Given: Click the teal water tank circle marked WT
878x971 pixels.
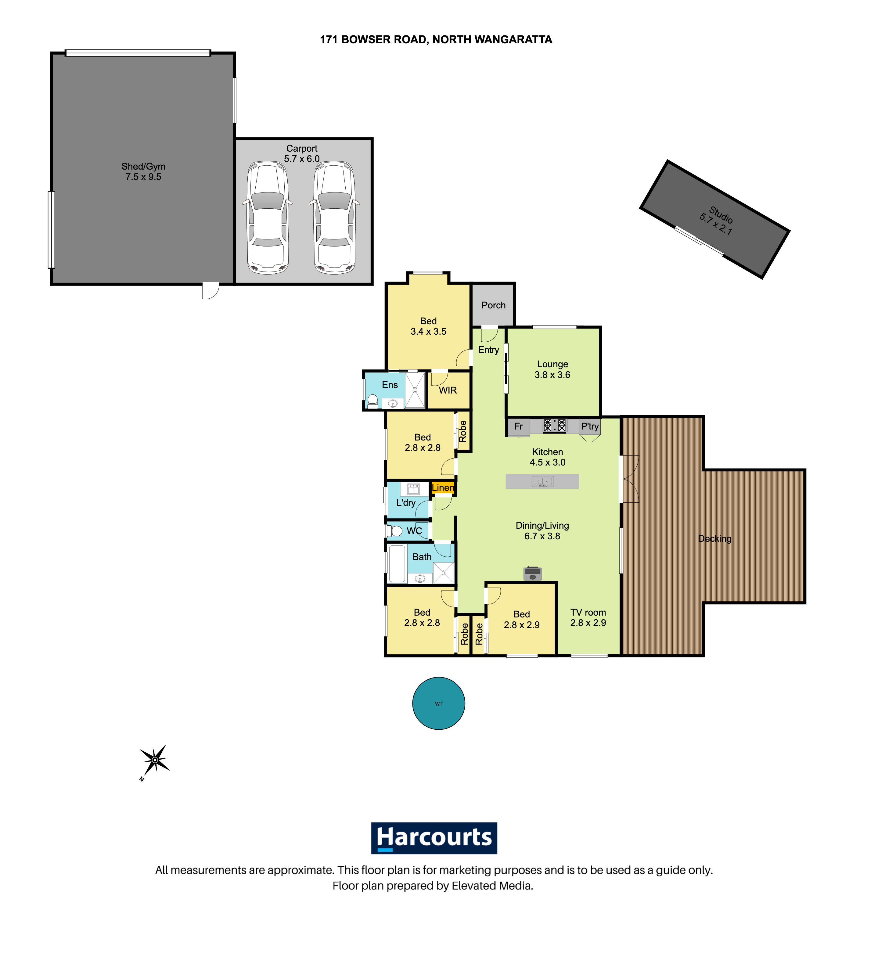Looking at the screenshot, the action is click(x=438, y=703).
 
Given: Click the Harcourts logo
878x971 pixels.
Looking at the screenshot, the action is click(x=434, y=838).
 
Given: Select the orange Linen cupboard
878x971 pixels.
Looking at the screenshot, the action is click(x=443, y=488).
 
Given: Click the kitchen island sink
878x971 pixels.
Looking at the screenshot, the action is click(x=542, y=481).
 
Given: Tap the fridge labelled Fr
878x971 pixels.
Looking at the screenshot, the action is click(x=518, y=427).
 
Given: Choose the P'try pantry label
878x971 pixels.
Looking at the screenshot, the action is click(x=589, y=426).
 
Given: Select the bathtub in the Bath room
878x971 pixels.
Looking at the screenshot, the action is click(x=397, y=563).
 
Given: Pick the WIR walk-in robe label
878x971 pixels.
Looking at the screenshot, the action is click(x=448, y=390).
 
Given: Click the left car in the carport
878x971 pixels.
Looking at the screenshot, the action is click(x=267, y=218).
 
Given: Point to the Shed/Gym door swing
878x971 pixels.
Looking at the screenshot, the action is click(x=211, y=291).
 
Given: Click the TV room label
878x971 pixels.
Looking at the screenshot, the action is click(x=588, y=612).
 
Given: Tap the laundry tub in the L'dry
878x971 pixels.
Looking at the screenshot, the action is click(x=413, y=489).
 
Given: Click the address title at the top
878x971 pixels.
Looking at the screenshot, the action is click(x=436, y=39).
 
